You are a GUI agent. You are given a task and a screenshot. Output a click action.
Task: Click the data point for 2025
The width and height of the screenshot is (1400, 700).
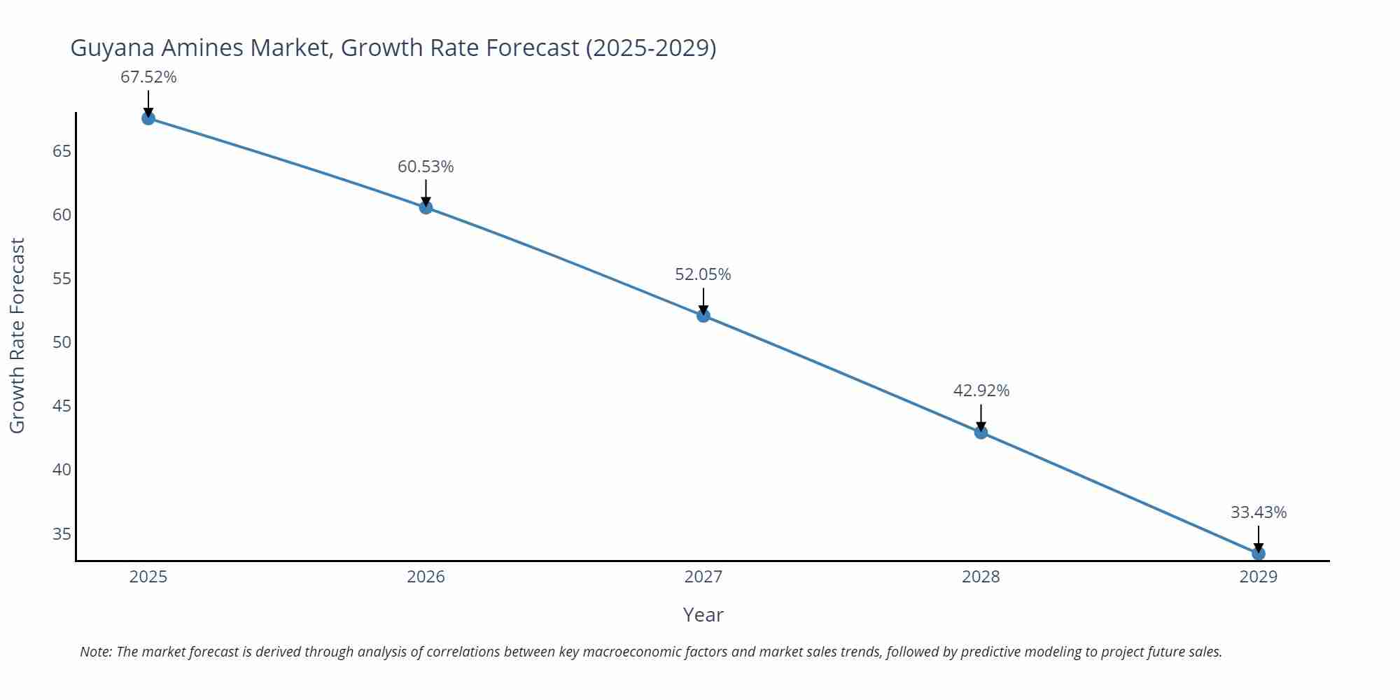click(148, 118)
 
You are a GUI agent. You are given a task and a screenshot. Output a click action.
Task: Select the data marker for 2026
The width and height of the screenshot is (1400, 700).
click(426, 207)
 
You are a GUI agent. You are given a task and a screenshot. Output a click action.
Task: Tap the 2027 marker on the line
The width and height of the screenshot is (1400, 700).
click(703, 316)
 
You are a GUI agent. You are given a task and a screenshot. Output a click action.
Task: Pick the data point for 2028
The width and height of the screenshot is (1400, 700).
click(981, 433)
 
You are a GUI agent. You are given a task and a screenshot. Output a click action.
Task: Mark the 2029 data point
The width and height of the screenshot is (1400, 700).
click(1258, 554)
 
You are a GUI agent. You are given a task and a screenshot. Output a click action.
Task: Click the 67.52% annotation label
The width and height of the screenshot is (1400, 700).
click(148, 77)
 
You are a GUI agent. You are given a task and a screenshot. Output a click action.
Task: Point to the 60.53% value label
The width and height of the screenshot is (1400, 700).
click(426, 167)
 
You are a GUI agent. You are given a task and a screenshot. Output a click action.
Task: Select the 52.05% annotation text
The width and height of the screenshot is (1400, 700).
click(703, 274)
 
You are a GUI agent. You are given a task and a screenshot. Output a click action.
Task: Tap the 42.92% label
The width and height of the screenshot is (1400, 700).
click(981, 391)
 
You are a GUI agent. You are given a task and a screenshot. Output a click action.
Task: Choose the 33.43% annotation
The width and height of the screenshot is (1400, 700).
click(1258, 512)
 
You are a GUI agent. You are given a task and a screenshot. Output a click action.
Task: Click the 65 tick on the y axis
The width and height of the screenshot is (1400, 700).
click(62, 151)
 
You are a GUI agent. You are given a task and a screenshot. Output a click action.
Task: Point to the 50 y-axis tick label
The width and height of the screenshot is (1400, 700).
click(62, 342)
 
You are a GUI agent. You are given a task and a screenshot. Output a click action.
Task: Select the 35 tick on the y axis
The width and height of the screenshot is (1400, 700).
click(62, 534)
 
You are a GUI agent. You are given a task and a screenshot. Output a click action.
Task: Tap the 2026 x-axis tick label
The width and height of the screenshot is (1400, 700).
click(426, 577)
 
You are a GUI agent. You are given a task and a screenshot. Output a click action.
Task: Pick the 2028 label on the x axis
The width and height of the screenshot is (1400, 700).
click(981, 577)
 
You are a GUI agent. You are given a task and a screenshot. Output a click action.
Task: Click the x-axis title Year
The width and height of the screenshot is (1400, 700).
click(703, 615)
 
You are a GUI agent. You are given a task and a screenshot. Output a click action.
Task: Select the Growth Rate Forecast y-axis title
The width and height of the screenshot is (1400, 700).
click(17, 336)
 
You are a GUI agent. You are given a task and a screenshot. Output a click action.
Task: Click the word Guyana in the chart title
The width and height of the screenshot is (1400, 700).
click(113, 48)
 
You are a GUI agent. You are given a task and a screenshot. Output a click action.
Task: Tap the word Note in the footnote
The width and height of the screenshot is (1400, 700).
click(95, 652)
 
